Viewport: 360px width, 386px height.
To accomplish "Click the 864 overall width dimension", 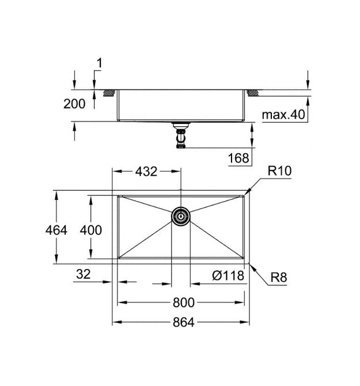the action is coord(184,322).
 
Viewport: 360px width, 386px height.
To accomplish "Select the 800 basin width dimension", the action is coord(184,302).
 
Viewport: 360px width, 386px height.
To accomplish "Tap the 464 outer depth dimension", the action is coord(56,230).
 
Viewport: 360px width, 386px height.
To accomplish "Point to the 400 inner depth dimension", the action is coord(91,230).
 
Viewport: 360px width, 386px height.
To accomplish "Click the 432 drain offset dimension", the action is coord(146,172).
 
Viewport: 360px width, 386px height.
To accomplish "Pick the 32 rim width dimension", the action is coord(84,274).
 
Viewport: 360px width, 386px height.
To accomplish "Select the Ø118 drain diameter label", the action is coord(228,275).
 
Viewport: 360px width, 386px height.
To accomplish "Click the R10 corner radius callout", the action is coord(279,171).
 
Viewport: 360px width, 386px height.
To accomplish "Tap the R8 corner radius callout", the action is coord(279,278).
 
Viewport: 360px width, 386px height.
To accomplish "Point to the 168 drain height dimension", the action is coord(238,158).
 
